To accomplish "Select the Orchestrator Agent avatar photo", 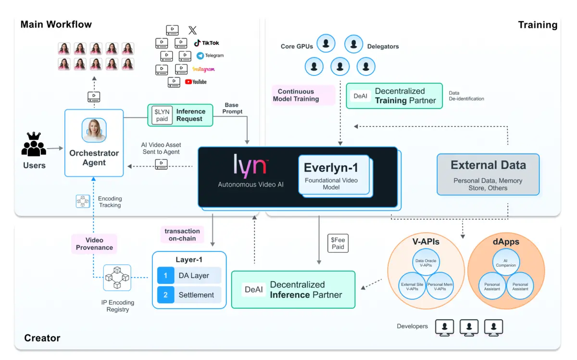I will click(94, 130).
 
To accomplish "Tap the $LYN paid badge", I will click(162, 115).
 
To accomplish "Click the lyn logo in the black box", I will click(250, 166).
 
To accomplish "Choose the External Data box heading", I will click(488, 165).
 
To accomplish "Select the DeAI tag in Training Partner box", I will click(361, 96).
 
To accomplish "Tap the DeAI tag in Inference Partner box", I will click(254, 290).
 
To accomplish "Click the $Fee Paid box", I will click(338, 243).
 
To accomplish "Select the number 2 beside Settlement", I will click(165, 295).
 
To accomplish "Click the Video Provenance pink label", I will click(94, 244).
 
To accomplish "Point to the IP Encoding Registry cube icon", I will click(117, 278).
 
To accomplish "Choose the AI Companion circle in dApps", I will click(506, 262).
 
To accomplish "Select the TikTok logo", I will click(206, 43).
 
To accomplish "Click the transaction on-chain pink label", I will click(182, 235).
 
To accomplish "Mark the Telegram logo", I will click(210, 55).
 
